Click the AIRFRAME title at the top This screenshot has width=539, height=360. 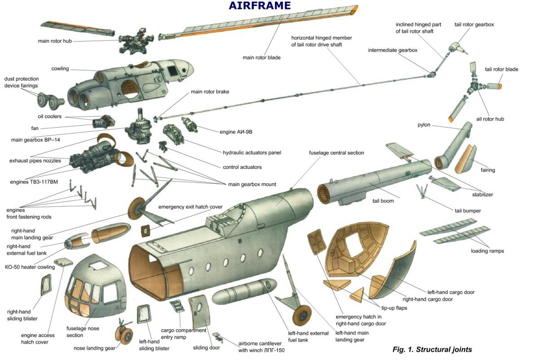260,6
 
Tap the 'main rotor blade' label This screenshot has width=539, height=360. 261,57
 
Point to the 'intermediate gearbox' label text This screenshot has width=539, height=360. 393,50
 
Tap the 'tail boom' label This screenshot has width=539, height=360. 383,201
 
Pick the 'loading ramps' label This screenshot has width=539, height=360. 487,251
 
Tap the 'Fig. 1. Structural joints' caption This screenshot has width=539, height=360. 432,349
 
